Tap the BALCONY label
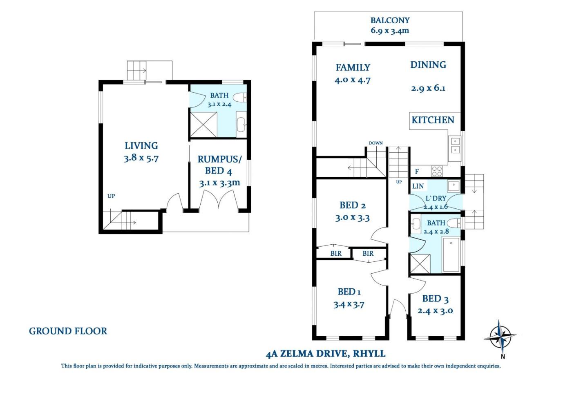tap(390, 20)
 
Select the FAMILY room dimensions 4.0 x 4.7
tap(352, 80)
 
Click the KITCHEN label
tap(433, 120)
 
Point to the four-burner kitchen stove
tap(437, 171)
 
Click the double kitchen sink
tap(455, 145)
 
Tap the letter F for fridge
tap(417, 171)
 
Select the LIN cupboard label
tap(418, 186)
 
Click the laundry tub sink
tap(454, 186)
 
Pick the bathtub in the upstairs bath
tap(451, 254)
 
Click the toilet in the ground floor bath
tap(240, 97)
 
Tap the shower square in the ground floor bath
tap(203, 125)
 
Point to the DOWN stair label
tap(375, 143)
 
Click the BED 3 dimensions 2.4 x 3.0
tap(435, 311)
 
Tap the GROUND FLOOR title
tap(68, 331)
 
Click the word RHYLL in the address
tap(369, 354)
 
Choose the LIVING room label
tap(141, 146)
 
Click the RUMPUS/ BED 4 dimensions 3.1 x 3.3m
tap(219, 183)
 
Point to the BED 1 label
tap(349, 292)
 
